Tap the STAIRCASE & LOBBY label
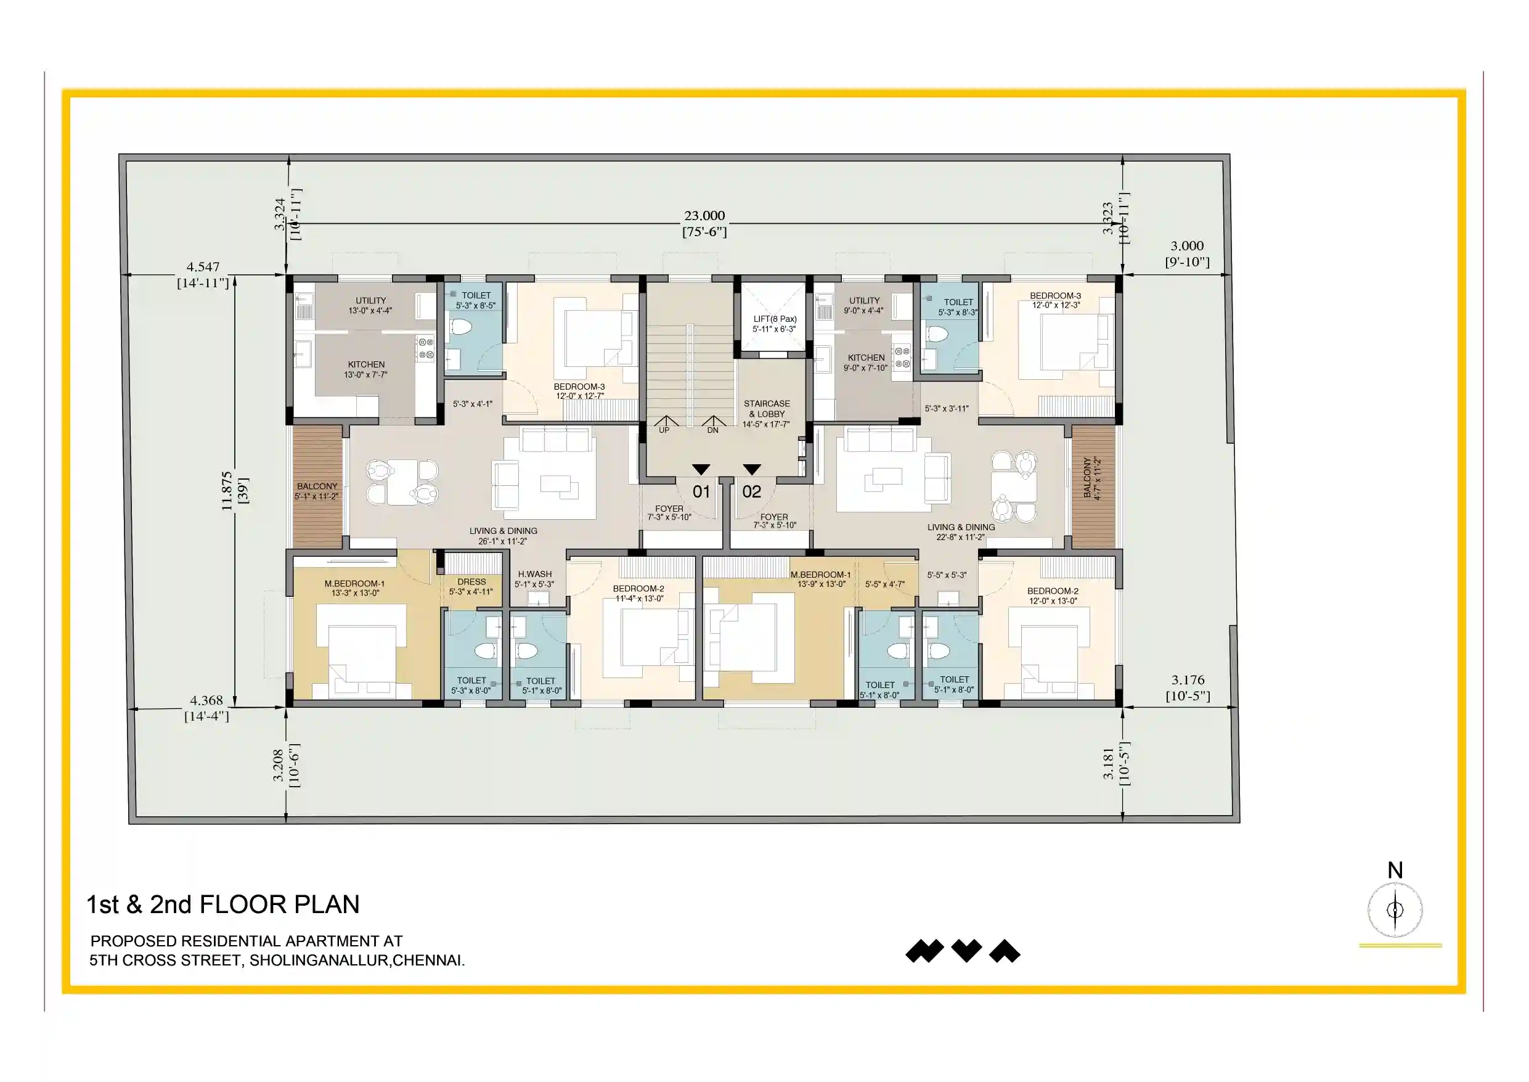(767, 414)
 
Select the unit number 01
(701, 492)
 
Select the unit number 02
(751, 492)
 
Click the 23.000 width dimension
(704, 216)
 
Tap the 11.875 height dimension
(227, 491)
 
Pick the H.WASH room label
(535, 573)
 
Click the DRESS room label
(471, 581)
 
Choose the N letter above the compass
(1395, 870)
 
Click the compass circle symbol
(1395, 910)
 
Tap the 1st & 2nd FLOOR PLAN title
(223, 904)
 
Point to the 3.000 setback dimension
(1187, 246)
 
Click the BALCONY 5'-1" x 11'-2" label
(317, 491)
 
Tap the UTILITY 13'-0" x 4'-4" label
(370, 305)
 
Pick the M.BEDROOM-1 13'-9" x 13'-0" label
(820, 579)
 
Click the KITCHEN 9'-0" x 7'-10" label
(866, 363)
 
